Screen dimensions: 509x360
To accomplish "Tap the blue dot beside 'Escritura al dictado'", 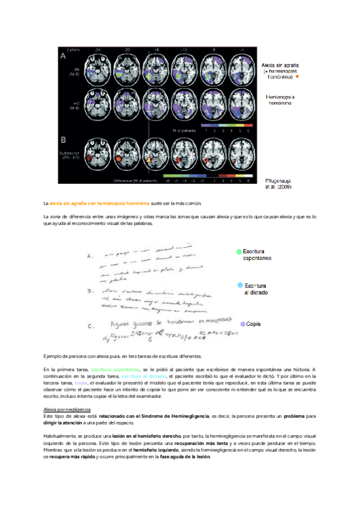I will coord(240,286).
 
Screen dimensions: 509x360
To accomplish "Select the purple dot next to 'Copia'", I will coord(242,324).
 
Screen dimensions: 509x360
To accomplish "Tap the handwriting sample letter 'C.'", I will coord(91,327).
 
